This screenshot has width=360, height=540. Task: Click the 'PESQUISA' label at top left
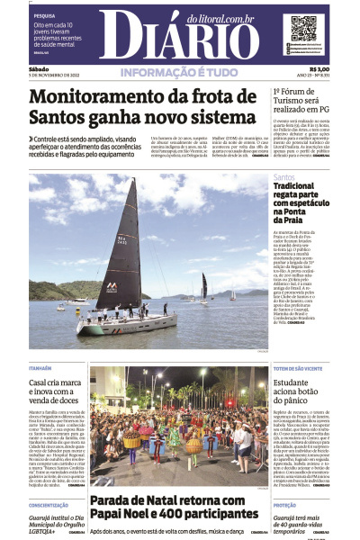tap(44, 16)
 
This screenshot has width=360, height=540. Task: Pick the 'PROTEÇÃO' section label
tap(286, 507)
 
